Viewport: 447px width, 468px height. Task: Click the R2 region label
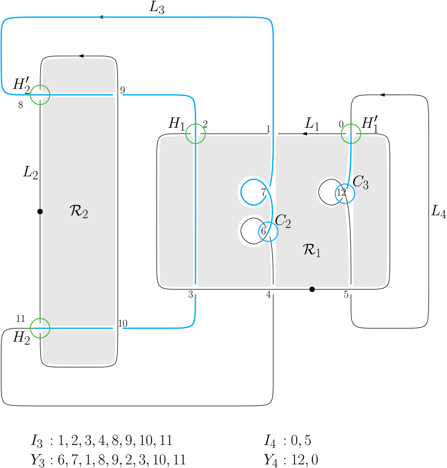[x=79, y=212]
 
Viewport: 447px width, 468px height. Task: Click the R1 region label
[x=312, y=250]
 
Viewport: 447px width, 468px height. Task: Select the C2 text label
[x=283, y=221]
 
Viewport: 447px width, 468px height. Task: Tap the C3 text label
[x=361, y=182]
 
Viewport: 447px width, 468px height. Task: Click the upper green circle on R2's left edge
[x=40, y=95]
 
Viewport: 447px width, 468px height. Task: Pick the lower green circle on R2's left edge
[x=40, y=328]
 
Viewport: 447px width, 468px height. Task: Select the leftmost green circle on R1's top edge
[x=196, y=134]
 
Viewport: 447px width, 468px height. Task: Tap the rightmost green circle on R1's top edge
[x=351, y=134]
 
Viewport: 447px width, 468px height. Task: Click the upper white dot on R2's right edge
[x=118, y=95]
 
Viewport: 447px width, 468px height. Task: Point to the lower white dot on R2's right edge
[x=118, y=328]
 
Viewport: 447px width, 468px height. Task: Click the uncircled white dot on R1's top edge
[x=273, y=134]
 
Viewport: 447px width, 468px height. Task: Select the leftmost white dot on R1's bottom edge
[x=196, y=289]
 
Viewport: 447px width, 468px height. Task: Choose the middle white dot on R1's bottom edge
[x=273, y=289]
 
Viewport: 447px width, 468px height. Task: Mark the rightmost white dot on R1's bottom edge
[x=351, y=289]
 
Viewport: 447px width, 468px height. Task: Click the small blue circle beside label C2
[x=268, y=232]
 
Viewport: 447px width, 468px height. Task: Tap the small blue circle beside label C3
[x=345, y=193]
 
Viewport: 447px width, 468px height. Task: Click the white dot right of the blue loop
[x=268, y=191]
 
